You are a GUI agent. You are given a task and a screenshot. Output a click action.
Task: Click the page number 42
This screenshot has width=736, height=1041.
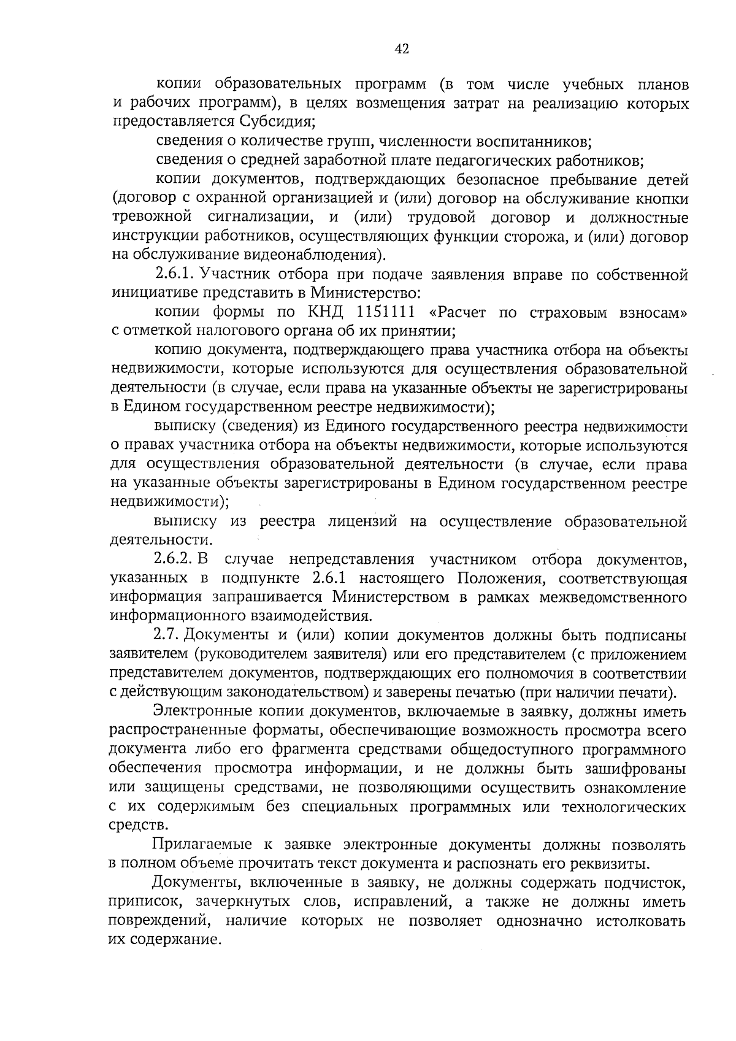point(401,49)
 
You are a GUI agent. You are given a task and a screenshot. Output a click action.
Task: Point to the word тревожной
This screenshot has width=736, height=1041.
point(151,218)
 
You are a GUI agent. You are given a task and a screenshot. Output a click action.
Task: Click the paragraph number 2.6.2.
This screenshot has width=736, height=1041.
point(174,559)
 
